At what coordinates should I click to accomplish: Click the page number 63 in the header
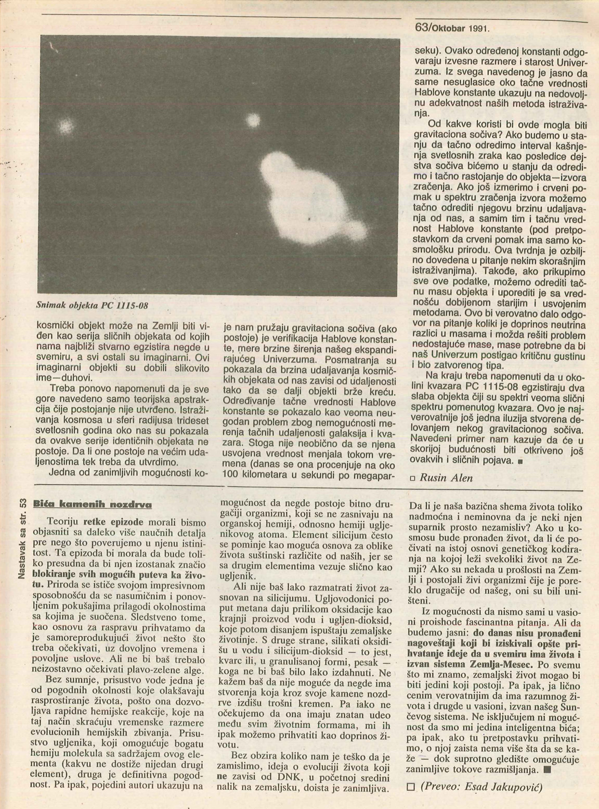click(x=421, y=27)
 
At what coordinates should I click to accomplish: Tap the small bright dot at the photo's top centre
click(x=253, y=121)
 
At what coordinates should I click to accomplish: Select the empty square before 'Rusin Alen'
click(x=413, y=478)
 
